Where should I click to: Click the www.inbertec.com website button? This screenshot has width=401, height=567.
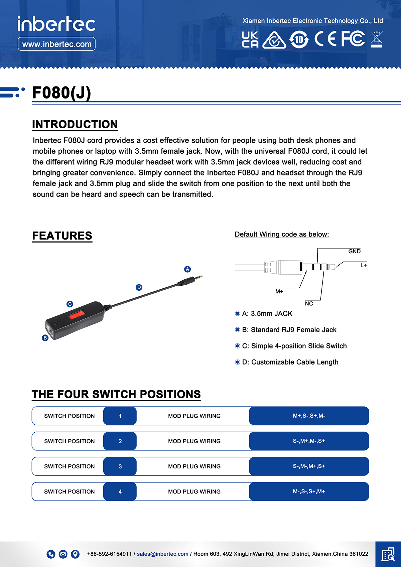56,44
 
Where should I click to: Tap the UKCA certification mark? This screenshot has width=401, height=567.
250,40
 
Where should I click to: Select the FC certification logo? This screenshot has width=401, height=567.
353,39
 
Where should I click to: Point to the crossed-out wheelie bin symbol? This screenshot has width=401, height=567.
376,39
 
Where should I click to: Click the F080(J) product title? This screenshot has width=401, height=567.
61,93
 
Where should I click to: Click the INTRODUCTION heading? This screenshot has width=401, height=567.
75,124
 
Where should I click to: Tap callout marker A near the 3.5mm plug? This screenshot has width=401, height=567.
187,269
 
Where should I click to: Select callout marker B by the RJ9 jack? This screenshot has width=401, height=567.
45,338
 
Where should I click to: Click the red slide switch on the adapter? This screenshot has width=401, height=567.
77,315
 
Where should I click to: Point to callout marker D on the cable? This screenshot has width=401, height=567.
139,287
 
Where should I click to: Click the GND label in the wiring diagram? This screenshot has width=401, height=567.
354,251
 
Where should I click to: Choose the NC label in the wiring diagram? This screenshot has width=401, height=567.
309,303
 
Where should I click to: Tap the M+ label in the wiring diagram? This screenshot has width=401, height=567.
279,291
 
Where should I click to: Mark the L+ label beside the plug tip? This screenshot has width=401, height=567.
363,265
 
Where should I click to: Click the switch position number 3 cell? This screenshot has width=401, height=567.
120,466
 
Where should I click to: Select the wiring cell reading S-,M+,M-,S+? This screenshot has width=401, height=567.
309,441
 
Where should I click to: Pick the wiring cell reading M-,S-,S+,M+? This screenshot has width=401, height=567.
309,491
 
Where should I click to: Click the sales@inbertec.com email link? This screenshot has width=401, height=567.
162,554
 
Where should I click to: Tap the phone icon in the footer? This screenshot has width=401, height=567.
51,554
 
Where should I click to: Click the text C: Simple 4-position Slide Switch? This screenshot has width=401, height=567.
294,346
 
